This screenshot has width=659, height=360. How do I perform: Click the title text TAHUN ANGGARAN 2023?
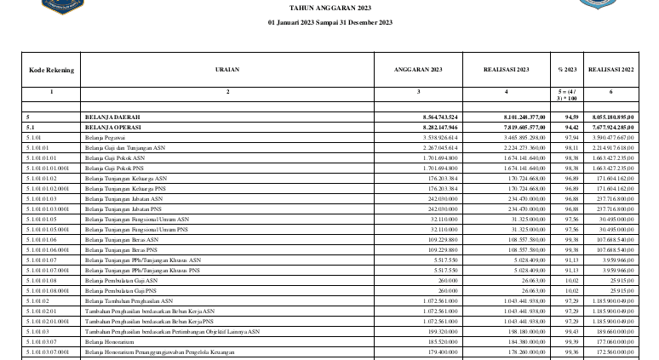[x=329, y=7]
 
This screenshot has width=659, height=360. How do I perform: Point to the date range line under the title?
[x=329, y=21]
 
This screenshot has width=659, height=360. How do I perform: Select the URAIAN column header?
[x=227, y=69]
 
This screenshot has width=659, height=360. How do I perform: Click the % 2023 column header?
[x=566, y=69]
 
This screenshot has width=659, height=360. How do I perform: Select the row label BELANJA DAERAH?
[x=112, y=116]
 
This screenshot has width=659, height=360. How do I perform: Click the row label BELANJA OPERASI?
[x=113, y=126]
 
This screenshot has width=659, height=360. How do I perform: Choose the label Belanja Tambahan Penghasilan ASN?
[x=129, y=300]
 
